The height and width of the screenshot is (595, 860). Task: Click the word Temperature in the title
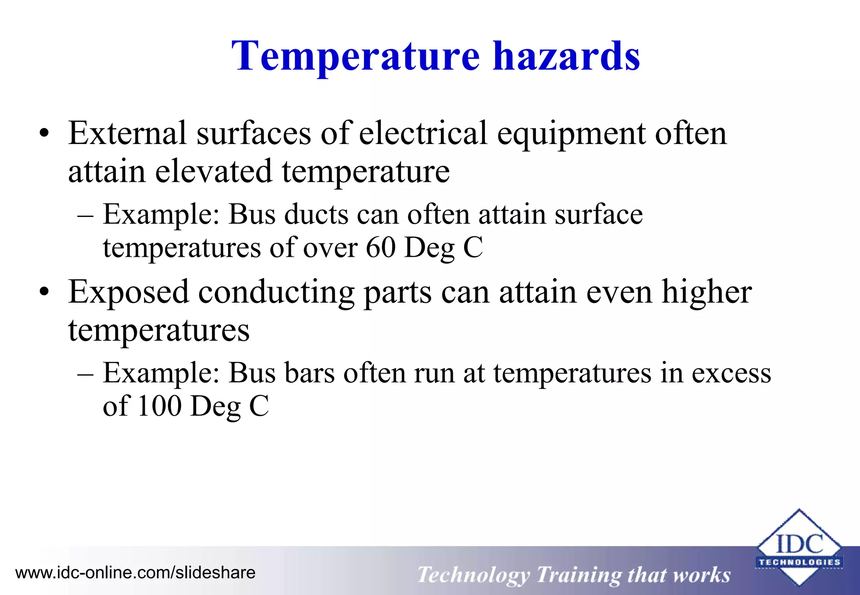pos(355,57)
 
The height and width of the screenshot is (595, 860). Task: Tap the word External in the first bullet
pos(127,133)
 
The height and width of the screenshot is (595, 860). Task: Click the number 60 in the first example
pos(380,248)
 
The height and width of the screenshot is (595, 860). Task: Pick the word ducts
pos(316,214)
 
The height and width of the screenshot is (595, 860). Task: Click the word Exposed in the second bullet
pos(128,293)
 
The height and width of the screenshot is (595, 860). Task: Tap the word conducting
pos(276,293)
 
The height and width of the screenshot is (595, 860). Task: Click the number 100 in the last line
pos(159,406)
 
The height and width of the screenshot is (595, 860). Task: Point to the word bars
pos(309,373)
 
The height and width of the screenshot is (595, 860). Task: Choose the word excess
pos(731,373)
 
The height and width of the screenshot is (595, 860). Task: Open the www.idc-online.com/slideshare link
pos(135,573)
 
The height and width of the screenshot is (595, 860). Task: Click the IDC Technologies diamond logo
pos(799,548)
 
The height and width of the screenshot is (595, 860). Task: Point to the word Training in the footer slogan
pos(578,575)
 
